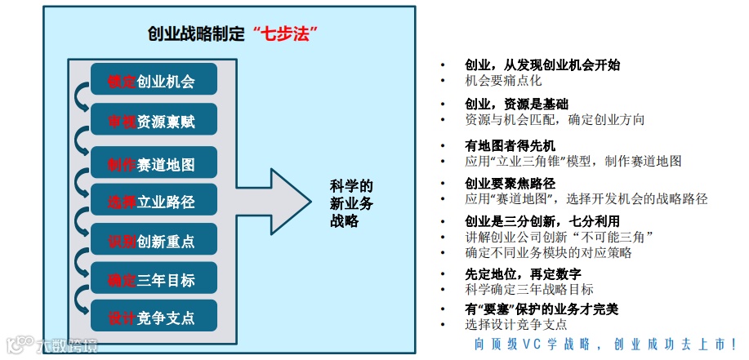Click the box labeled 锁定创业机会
pyautogui.click(x=154, y=80)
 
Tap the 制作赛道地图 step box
pyautogui.click(x=154, y=165)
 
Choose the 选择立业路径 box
pyautogui.click(x=154, y=201)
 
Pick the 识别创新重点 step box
pyautogui.click(x=154, y=241)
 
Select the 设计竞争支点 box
pyautogui.click(x=154, y=318)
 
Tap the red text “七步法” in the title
pyautogui.click(x=285, y=33)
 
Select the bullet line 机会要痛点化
pyautogui.click(x=503, y=81)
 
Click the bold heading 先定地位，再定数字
pyautogui.click(x=523, y=273)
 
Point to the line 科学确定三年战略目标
pyautogui.click(x=529, y=289)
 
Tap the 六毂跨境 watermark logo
pyautogui.click(x=53, y=346)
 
